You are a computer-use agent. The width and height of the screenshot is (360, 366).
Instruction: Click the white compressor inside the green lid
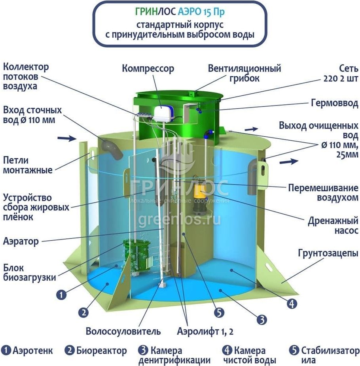click(x=163, y=114)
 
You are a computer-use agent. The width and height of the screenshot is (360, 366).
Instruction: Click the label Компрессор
click(x=148, y=69)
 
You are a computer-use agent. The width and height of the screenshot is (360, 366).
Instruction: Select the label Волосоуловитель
click(x=123, y=331)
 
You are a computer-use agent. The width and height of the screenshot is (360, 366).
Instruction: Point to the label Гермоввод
click(x=335, y=103)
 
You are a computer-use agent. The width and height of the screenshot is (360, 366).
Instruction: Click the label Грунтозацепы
click(x=328, y=253)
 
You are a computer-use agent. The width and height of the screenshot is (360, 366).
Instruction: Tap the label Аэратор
click(x=21, y=241)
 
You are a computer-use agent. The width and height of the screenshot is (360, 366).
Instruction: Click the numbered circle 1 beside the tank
click(x=61, y=294)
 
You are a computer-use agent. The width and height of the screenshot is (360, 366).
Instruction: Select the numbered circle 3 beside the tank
click(x=261, y=319)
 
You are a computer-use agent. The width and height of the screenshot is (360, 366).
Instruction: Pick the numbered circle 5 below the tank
click(x=219, y=313)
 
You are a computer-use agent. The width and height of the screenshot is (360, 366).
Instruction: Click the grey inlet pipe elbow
click(x=112, y=149)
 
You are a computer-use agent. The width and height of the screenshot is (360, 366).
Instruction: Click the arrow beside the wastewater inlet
click(x=67, y=138)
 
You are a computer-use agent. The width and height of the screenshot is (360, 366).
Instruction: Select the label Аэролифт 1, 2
click(x=205, y=331)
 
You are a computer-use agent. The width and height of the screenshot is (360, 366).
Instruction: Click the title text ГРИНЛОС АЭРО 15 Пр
click(x=180, y=12)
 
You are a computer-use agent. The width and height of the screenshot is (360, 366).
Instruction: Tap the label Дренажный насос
click(x=333, y=225)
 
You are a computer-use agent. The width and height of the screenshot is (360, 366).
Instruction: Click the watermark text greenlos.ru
click(x=179, y=220)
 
